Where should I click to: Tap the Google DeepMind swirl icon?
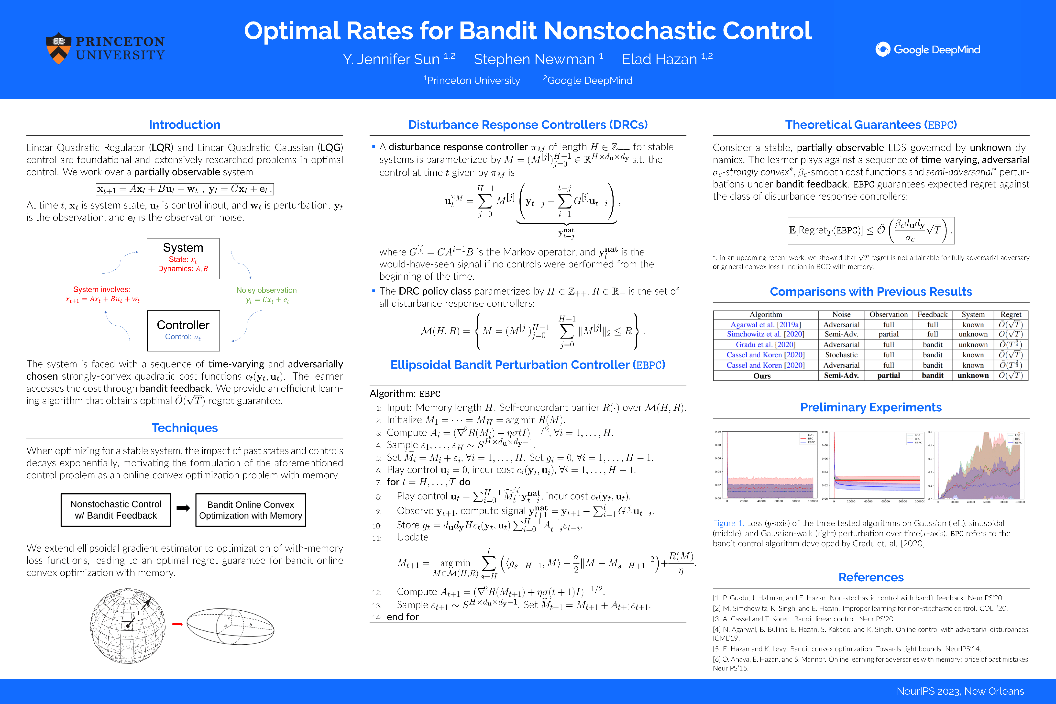click(x=882, y=49)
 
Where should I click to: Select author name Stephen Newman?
click(x=534, y=59)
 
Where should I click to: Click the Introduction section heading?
click(x=185, y=125)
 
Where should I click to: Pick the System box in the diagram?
click(x=183, y=258)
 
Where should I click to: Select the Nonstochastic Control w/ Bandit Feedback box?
click(x=116, y=510)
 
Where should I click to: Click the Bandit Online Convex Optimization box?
click(x=251, y=510)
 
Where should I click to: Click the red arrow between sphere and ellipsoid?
click(x=177, y=624)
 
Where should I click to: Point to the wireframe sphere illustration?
click(x=128, y=626)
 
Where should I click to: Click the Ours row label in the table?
click(x=762, y=376)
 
